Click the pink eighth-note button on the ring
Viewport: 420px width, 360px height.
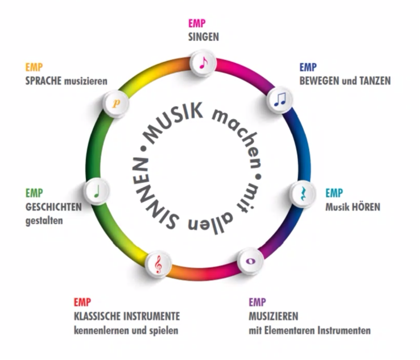tap(202, 63)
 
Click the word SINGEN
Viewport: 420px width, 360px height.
tap(203, 37)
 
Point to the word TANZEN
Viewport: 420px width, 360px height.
tap(374, 81)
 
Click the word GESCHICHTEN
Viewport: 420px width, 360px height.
tap(53, 207)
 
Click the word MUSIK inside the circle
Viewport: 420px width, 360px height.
tap(173, 121)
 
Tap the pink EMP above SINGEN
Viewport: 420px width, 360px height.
tap(197, 24)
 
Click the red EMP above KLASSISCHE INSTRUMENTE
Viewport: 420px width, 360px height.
tap(82, 303)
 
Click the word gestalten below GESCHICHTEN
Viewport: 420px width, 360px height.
tap(44, 220)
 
